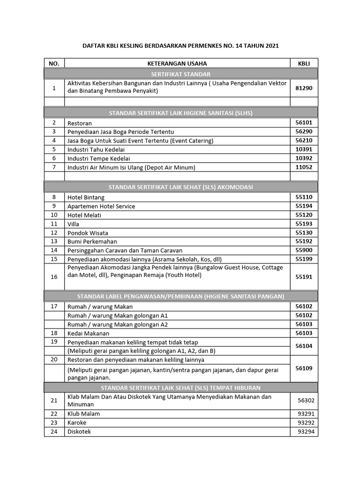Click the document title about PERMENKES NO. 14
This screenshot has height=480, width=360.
click(x=180, y=46)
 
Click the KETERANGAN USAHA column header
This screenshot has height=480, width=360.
click(x=177, y=63)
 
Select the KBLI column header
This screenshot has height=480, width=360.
click(x=304, y=63)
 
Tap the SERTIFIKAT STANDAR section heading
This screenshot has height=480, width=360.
click(x=180, y=74)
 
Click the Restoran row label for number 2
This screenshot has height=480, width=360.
click(x=80, y=123)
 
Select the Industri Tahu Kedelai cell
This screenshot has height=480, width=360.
click(x=96, y=150)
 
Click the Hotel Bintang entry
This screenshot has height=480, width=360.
click(x=86, y=198)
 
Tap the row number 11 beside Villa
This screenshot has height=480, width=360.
click(x=54, y=224)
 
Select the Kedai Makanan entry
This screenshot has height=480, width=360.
click(x=88, y=333)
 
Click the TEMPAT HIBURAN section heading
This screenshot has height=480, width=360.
click(x=180, y=388)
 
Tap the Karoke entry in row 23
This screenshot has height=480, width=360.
click(x=77, y=423)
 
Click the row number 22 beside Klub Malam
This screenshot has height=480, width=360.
click(x=54, y=414)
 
